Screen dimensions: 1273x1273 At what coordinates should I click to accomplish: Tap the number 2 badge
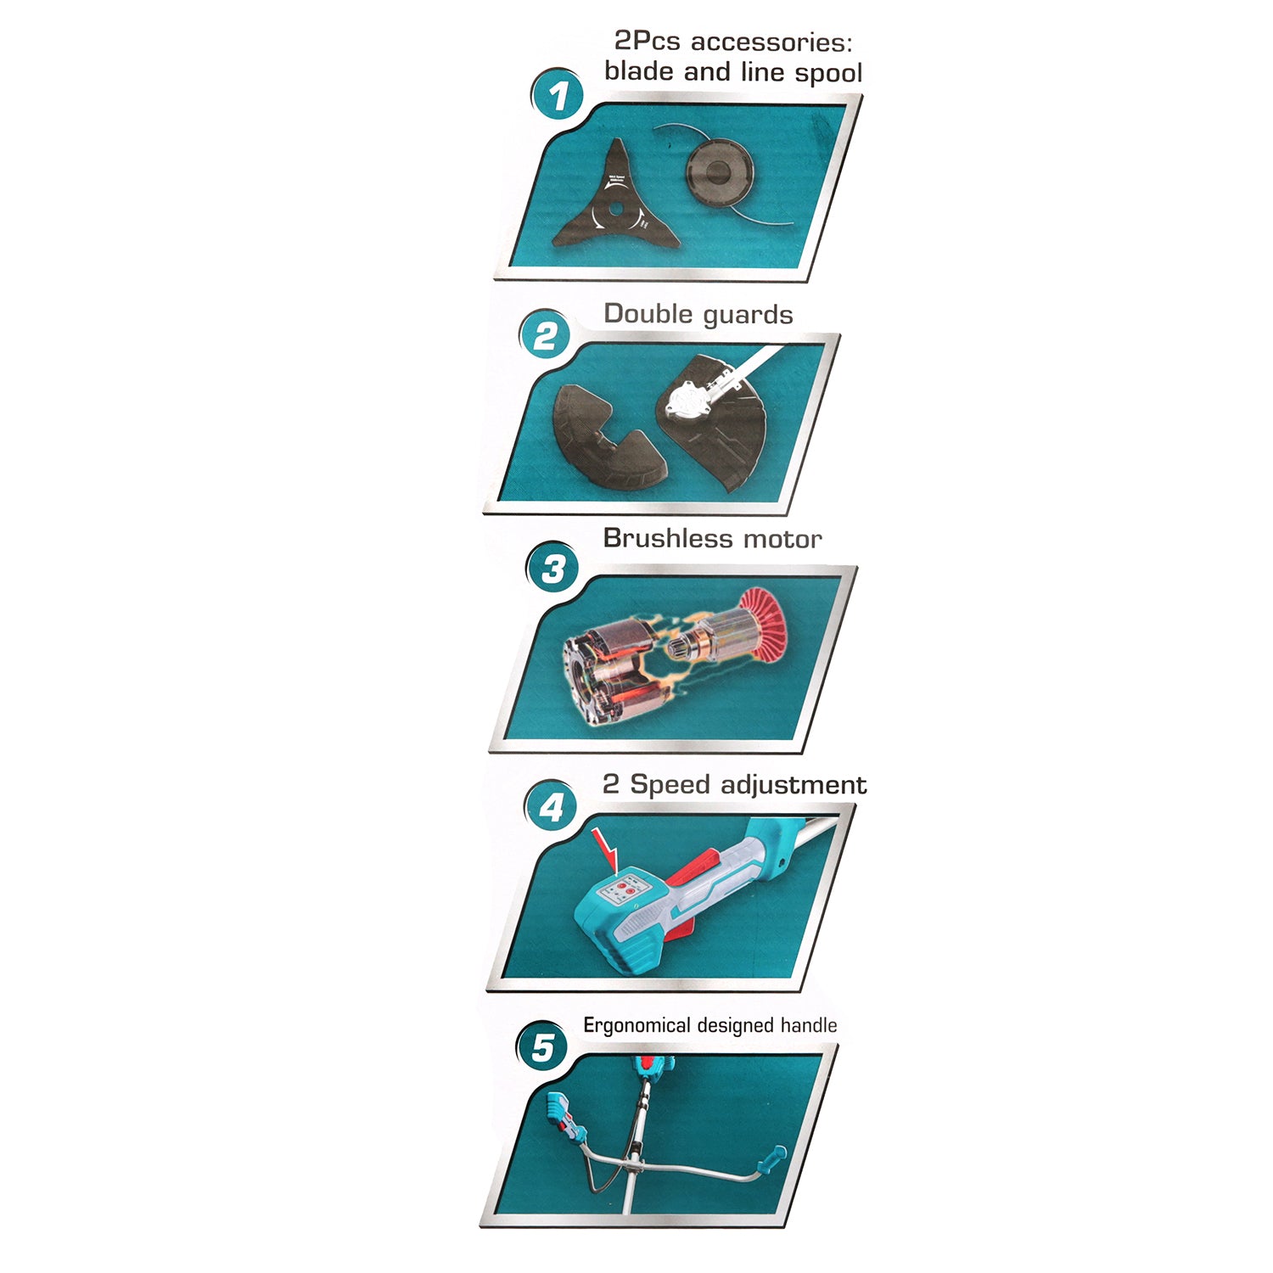pyautogui.click(x=545, y=336)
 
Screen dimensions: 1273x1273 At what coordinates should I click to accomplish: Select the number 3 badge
pyautogui.click(x=552, y=568)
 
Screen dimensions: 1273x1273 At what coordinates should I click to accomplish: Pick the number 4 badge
pyautogui.click(x=551, y=806)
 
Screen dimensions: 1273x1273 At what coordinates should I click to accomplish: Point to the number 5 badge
pyautogui.click(x=542, y=1046)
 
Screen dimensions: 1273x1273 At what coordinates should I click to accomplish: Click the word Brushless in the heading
pyautogui.click(x=669, y=539)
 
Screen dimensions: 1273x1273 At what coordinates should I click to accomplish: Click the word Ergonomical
pyautogui.click(x=636, y=1026)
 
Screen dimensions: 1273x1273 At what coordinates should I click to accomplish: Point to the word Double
pyautogui.click(x=648, y=314)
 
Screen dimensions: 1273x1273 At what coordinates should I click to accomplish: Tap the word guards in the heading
pyautogui.click(x=748, y=316)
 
